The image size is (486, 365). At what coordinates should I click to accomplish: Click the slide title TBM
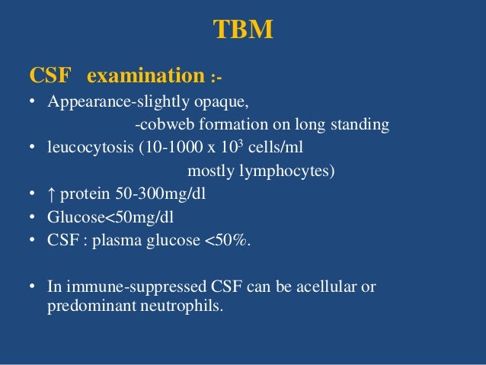242,30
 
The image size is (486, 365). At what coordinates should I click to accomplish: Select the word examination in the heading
146,76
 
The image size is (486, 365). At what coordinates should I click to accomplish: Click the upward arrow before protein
52,194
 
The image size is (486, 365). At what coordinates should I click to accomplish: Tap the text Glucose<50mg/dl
110,217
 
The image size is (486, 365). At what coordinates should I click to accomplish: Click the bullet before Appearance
34,102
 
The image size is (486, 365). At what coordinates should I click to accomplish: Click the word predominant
79,310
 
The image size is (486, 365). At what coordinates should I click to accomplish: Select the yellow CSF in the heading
50,76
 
